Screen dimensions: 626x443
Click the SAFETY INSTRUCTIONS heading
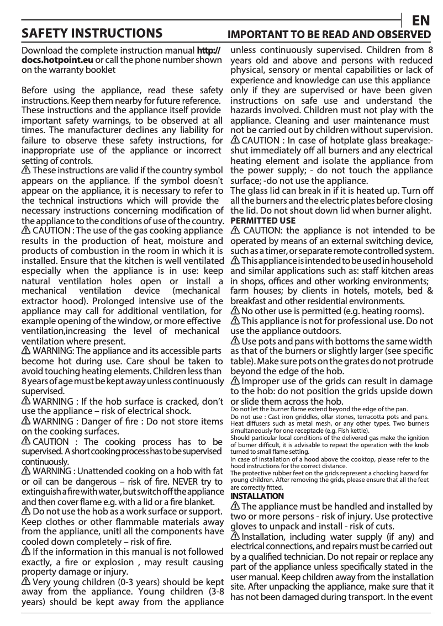(91, 34)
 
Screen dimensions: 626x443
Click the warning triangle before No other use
(235, 311)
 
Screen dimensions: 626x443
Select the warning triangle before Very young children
(26, 582)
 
